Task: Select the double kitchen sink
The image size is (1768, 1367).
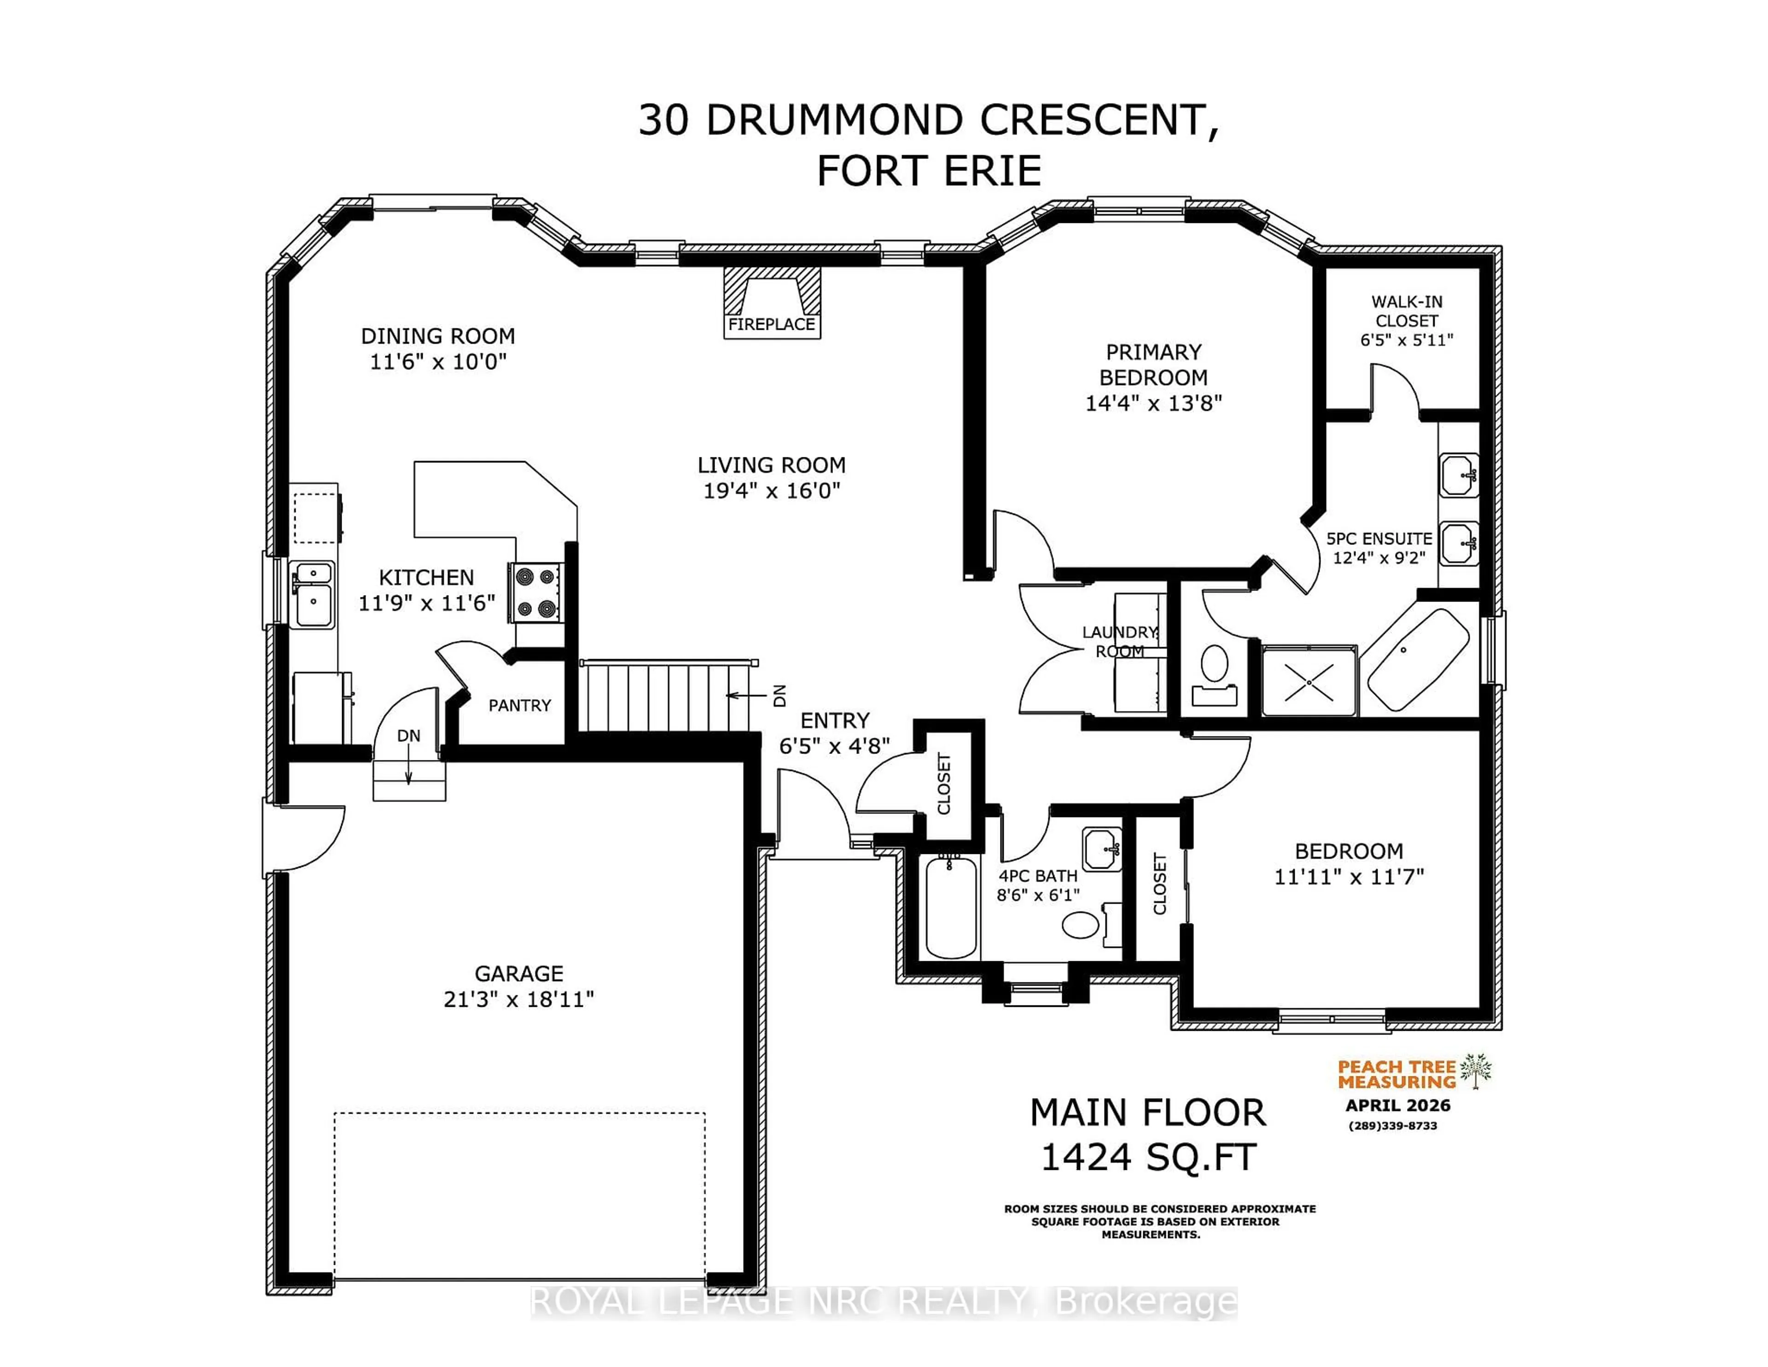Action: [x=313, y=595]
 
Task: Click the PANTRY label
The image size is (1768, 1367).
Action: [x=520, y=705]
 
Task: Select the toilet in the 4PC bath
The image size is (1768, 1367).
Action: [x=1081, y=924]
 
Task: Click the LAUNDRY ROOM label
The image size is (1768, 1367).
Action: [x=1120, y=642]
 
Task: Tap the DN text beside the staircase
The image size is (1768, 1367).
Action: [x=779, y=695]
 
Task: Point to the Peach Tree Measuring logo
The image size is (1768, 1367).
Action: [x=1413, y=1074]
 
